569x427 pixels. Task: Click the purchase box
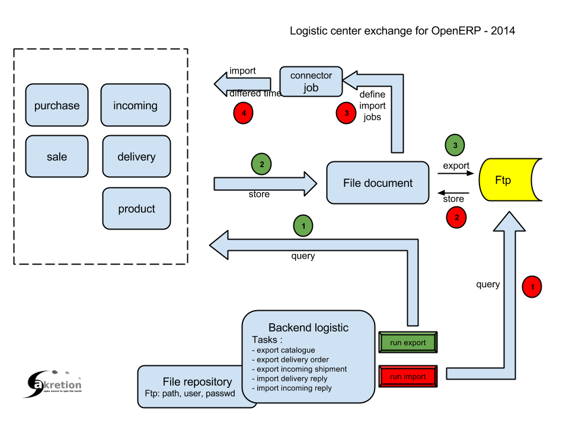click(57, 106)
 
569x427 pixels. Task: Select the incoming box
click(135, 106)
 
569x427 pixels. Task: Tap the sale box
click(57, 157)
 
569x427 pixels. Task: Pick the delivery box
click(136, 157)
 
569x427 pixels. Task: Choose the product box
click(136, 209)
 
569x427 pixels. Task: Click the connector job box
click(311, 81)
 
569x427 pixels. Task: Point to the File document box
click(378, 183)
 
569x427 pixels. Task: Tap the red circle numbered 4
click(244, 113)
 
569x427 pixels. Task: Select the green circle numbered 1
click(303, 225)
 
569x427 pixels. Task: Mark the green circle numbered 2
click(261, 164)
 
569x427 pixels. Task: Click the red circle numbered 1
click(532, 287)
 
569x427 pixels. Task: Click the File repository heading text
click(197, 381)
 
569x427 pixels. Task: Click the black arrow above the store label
click(453, 193)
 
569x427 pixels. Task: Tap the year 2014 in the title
click(503, 30)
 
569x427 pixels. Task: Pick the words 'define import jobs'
click(372, 106)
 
